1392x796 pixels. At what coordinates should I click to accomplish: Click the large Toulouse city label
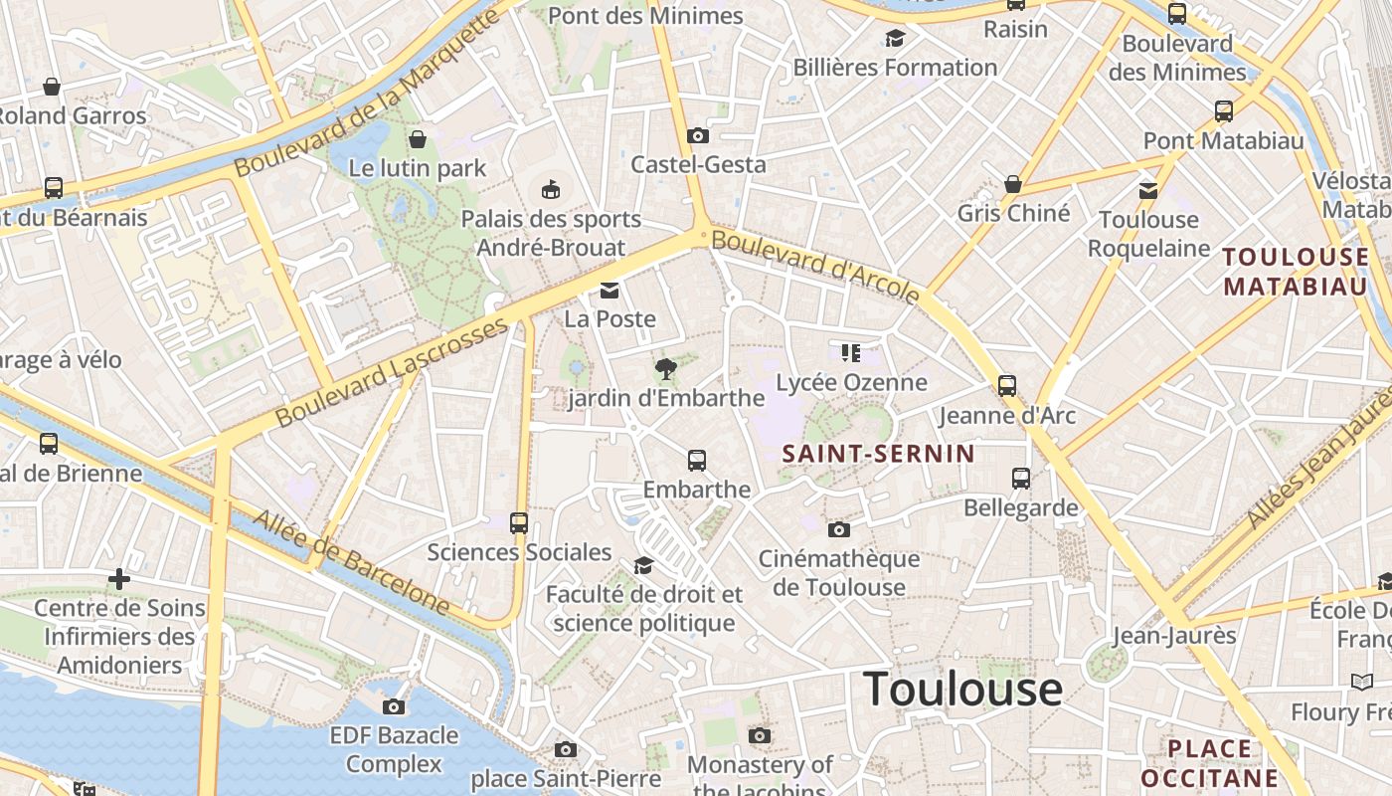point(962,689)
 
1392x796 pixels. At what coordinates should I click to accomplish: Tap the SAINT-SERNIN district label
point(878,454)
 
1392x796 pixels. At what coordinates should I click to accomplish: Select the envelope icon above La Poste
point(609,291)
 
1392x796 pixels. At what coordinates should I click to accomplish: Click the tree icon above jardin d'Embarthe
point(666,369)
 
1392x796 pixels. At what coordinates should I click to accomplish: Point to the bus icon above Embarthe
point(697,461)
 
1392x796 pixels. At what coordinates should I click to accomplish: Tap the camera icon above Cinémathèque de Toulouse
point(838,529)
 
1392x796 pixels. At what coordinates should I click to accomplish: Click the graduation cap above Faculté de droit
point(643,565)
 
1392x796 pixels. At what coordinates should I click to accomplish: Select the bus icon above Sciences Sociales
point(519,522)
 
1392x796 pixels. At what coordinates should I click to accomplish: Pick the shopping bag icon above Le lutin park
point(418,138)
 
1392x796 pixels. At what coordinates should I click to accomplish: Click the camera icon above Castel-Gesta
point(698,135)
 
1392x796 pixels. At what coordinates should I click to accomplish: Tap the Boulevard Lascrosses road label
point(392,373)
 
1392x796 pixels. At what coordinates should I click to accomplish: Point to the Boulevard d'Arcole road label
point(815,265)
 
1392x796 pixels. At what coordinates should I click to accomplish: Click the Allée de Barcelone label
point(350,562)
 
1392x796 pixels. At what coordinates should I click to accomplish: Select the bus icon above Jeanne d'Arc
point(1007,385)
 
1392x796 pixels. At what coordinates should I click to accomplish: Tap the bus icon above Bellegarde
point(1021,479)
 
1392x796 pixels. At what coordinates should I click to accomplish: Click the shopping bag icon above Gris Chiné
point(1013,184)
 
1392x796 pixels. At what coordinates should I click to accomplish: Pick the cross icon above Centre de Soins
point(119,578)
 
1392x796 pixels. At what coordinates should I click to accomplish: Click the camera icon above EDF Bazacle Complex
point(394,706)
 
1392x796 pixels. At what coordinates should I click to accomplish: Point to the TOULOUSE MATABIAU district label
point(1296,272)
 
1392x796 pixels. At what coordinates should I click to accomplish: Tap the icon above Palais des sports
point(550,189)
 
